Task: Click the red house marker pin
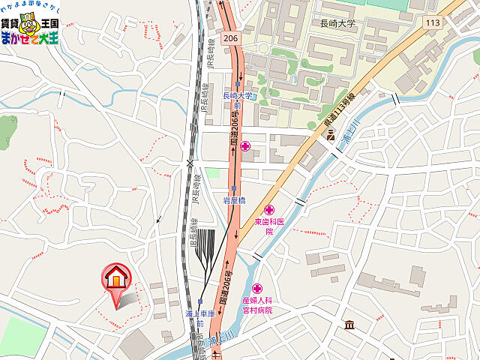click(116, 280)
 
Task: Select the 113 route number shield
click(432, 23)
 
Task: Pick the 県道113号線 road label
click(339, 108)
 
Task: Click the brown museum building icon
click(349, 325)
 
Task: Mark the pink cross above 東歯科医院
click(269, 209)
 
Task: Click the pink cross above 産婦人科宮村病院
click(256, 288)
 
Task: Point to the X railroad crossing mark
click(190, 162)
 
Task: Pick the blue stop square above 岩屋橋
click(235, 188)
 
